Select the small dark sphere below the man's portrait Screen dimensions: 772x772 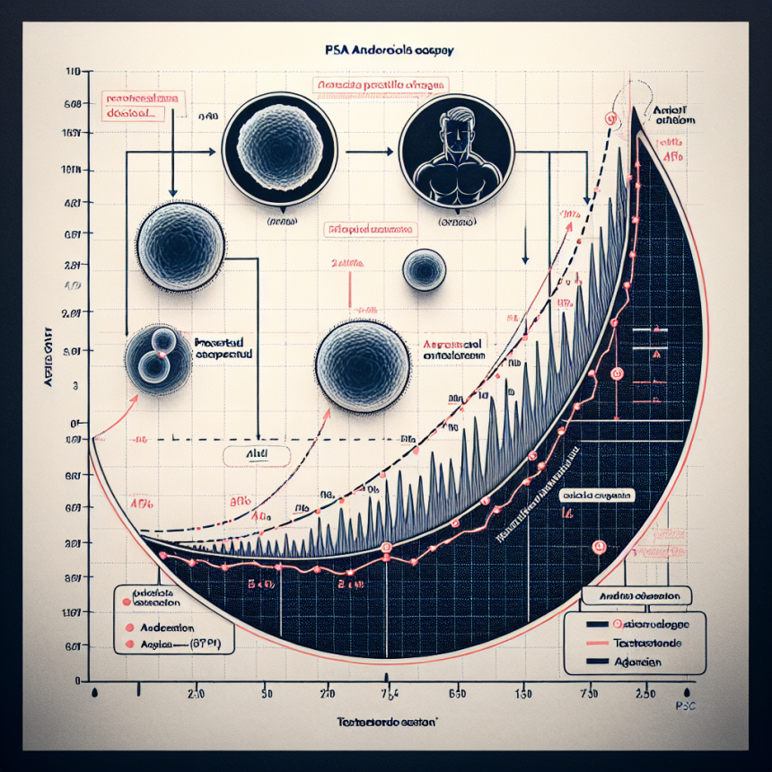point(423,269)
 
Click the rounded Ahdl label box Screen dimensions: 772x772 point(257,455)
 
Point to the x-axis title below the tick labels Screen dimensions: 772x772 point(386,722)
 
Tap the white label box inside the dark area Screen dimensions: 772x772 point(598,495)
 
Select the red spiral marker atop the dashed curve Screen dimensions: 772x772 point(611,118)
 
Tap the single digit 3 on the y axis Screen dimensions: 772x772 point(75,384)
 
